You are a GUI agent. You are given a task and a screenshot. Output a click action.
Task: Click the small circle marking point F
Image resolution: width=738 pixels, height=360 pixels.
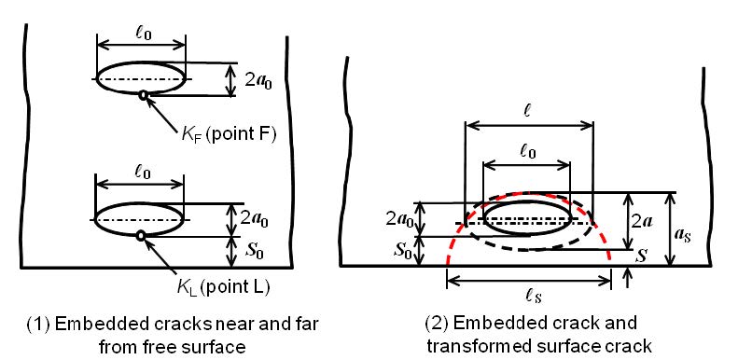tap(143, 95)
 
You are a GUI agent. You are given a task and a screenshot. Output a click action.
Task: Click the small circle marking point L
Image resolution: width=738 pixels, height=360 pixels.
tap(140, 236)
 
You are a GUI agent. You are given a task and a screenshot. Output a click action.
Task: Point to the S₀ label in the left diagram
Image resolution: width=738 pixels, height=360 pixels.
tap(255, 252)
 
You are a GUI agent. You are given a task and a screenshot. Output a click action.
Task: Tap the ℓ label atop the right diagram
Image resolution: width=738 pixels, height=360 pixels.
tap(529, 113)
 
